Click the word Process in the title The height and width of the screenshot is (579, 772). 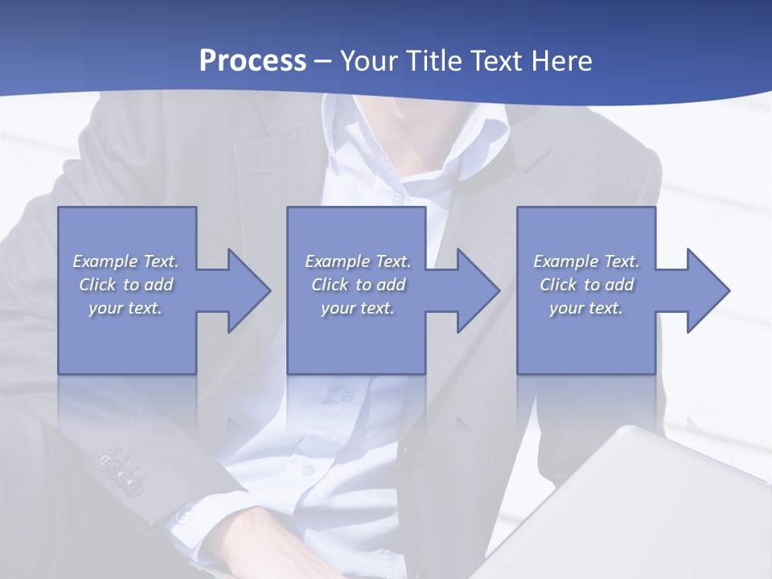point(253,61)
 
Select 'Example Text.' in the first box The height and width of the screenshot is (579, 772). point(126,261)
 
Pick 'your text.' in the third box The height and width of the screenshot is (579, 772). point(586,308)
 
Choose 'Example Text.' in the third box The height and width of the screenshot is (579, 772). point(586,261)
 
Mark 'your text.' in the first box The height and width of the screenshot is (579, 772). point(126,308)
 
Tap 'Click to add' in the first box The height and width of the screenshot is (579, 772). point(126,285)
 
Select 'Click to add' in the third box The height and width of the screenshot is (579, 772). point(586,285)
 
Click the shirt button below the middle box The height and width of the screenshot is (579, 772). point(347,395)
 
